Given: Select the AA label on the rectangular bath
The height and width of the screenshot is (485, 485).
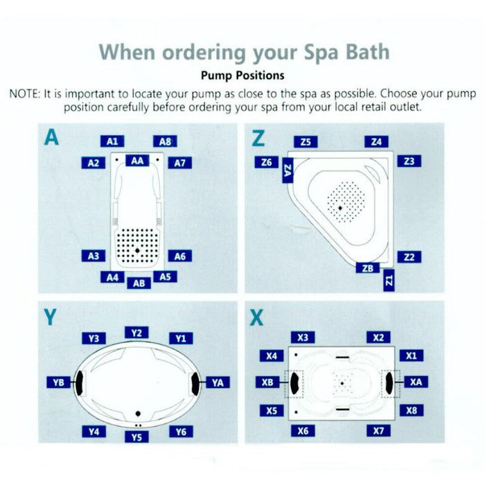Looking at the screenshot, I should coord(137,161).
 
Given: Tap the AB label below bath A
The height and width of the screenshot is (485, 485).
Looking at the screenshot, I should coord(139,283).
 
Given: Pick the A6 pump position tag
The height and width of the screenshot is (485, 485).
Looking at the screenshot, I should coord(179,256).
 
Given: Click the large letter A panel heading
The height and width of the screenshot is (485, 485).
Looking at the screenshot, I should coord(51,138).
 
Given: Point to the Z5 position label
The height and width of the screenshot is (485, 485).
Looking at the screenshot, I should coord(306,142).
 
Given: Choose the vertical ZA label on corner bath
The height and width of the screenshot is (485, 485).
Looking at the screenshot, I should coord(288,170).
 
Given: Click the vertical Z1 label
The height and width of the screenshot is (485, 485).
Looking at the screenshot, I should coord(389,281).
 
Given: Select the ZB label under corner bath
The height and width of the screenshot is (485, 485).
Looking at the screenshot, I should coord(368,268).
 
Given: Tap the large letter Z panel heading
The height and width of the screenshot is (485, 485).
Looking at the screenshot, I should coord(258,138).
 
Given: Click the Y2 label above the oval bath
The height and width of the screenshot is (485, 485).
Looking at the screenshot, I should coord(136,333).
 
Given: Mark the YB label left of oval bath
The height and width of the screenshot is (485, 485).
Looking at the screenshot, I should coord(58,382).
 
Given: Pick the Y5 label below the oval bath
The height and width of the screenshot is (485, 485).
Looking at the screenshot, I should coord(136,436).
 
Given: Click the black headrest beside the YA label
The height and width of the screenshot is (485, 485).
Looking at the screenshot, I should coord(195,382).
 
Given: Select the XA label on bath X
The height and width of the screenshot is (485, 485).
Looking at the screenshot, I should coord(414,382).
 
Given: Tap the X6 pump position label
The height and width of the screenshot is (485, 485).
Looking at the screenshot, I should coord(302,430).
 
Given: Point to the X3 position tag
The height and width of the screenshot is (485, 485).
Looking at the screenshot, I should coord(303,337).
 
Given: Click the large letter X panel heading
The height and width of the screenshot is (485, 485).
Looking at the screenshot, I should coord(257,317).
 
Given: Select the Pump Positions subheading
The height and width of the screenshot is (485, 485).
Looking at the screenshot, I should coord(242,75).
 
